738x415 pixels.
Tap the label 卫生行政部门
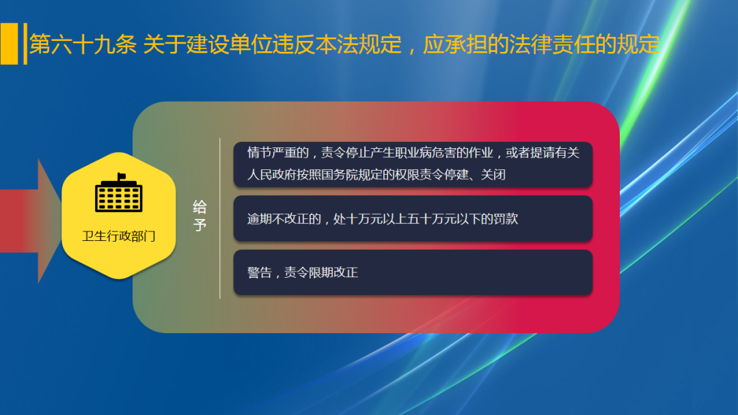pyautogui.click(x=119, y=237)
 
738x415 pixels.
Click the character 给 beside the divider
pyautogui.click(x=200, y=207)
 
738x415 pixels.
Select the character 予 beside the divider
pyautogui.click(x=200, y=225)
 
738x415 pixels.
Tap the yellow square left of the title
pyautogui.click(x=9, y=44)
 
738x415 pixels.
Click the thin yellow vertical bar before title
pyautogui.click(x=25, y=44)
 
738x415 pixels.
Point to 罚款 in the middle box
pyautogui.click(x=506, y=219)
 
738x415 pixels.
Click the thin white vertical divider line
pyautogui.click(x=220, y=218)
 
